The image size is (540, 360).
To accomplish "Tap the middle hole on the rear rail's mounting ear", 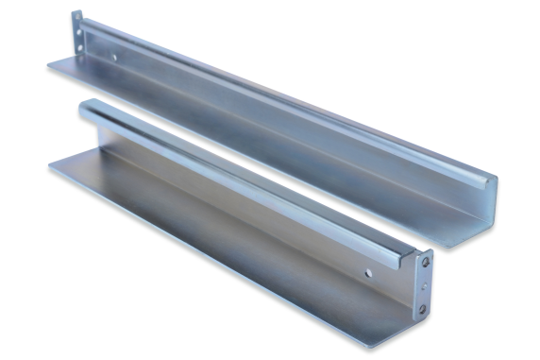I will [x=79, y=37].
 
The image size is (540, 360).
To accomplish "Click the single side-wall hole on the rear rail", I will [x=115, y=57].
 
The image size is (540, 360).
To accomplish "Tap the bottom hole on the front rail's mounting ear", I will [x=422, y=307].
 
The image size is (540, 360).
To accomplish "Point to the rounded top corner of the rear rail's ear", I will [x=76, y=13].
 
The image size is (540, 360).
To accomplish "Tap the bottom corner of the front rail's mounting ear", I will [x=421, y=318].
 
